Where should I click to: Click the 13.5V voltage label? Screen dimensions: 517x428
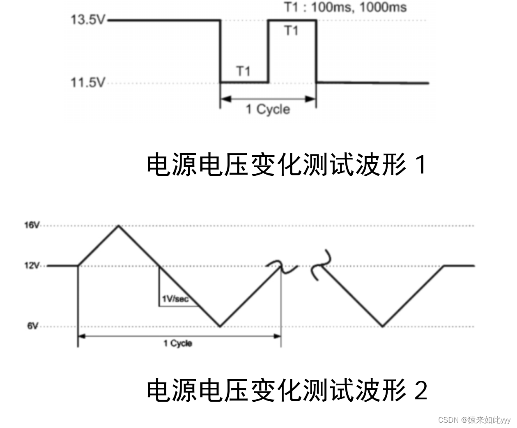pyautogui.click(x=88, y=20)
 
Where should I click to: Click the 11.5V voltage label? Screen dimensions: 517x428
pyautogui.click(x=88, y=83)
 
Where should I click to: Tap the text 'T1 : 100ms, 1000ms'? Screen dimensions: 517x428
pyautogui.click(x=345, y=7)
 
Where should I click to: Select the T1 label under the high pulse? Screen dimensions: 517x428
pyautogui.click(x=292, y=30)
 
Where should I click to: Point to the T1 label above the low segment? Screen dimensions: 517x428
pyautogui.click(x=244, y=71)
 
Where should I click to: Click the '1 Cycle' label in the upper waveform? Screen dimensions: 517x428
pyautogui.click(x=268, y=109)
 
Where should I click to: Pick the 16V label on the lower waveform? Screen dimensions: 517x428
pyautogui.click(x=32, y=225)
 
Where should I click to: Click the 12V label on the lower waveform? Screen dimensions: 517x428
pyautogui.click(x=32, y=265)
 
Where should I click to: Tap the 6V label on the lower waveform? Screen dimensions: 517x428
pyautogui.click(x=33, y=326)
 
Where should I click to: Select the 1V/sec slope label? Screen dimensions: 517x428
pyautogui.click(x=175, y=299)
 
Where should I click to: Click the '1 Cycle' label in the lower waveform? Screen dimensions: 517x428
pyautogui.click(x=178, y=343)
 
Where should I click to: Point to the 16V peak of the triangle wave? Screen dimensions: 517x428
pyautogui.click(x=119, y=226)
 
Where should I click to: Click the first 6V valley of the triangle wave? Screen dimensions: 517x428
pyautogui.click(x=220, y=327)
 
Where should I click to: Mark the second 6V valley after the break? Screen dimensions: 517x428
pyautogui.click(x=383, y=327)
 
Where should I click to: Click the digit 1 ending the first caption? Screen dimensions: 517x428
pyautogui.click(x=420, y=165)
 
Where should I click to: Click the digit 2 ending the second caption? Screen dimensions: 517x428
pyautogui.click(x=420, y=390)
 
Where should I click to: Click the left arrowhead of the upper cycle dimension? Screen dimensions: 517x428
pyautogui.click(x=224, y=99)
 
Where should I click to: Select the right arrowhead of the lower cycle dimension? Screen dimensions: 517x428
pyautogui.click(x=278, y=336)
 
